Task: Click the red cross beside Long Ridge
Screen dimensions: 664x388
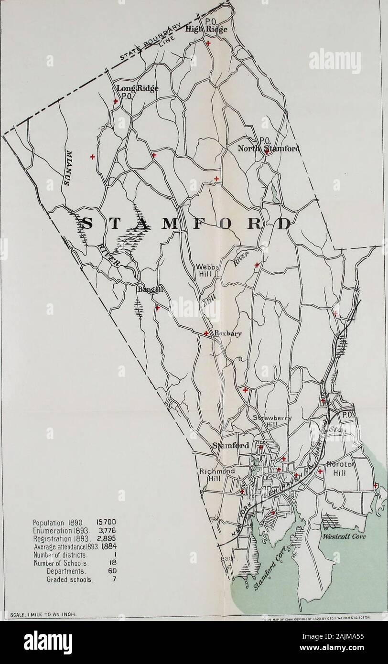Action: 116,101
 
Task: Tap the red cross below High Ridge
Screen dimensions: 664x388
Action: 208,43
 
